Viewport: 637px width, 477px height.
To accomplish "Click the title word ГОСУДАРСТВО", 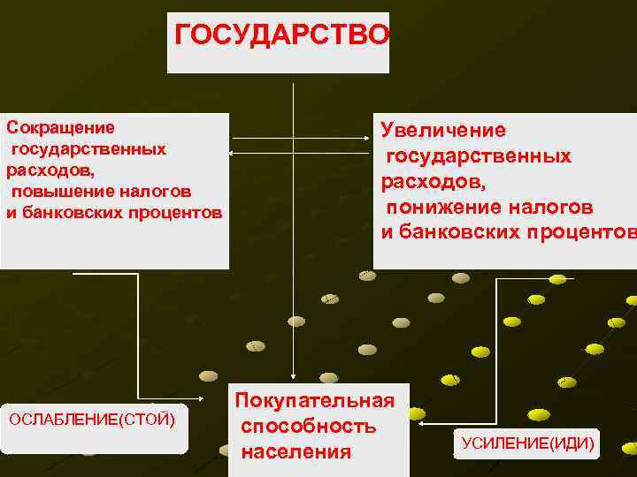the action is click(281, 34).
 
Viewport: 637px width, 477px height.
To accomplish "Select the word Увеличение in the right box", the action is click(443, 131).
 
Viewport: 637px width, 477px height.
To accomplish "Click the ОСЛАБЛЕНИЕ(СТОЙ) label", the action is click(91, 418).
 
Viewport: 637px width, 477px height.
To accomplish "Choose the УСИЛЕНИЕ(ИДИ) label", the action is click(527, 443).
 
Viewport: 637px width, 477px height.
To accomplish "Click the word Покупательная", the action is click(315, 401).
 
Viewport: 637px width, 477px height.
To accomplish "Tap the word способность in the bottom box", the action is click(309, 427).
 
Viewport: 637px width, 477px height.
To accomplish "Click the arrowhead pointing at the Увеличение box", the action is click(369, 139).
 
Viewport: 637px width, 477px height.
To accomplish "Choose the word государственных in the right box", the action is click(479, 156).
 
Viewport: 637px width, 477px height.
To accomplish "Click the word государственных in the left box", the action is click(88, 148).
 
